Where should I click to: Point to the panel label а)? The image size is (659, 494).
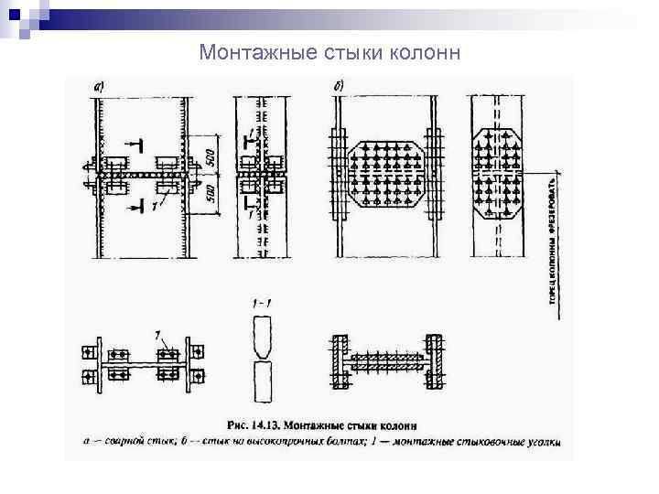pyautogui.click(x=99, y=86)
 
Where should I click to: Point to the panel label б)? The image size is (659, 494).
pyautogui.click(x=339, y=86)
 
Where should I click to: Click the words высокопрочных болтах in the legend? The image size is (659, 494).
pyautogui.click(x=301, y=442)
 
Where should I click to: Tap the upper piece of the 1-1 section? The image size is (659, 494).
pyautogui.click(x=263, y=335)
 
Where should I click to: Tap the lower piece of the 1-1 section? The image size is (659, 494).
pyautogui.click(x=263, y=381)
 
